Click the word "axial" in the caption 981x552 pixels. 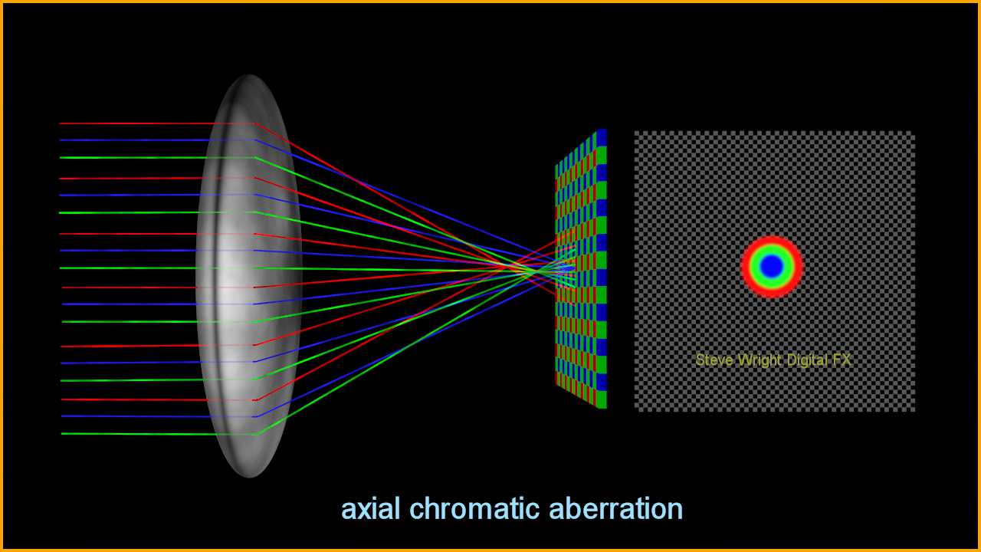pos(370,509)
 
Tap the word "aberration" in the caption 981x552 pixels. pos(615,509)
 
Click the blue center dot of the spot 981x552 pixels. pos(772,266)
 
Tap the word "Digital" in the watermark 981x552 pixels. pos(807,361)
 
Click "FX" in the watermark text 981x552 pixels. pos(842,360)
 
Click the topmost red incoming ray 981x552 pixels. pos(157,123)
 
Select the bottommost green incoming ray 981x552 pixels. pos(159,434)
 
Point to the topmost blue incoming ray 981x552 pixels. pos(157,140)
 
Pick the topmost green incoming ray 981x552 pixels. pos(157,157)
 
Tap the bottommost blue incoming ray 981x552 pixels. pos(158,416)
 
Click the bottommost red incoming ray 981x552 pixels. pos(158,399)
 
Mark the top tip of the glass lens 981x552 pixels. pos(249,75)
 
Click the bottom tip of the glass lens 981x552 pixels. pos(249,476)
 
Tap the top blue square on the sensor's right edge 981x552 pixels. pos(602,137)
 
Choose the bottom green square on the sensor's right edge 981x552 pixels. pos(602,399)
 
